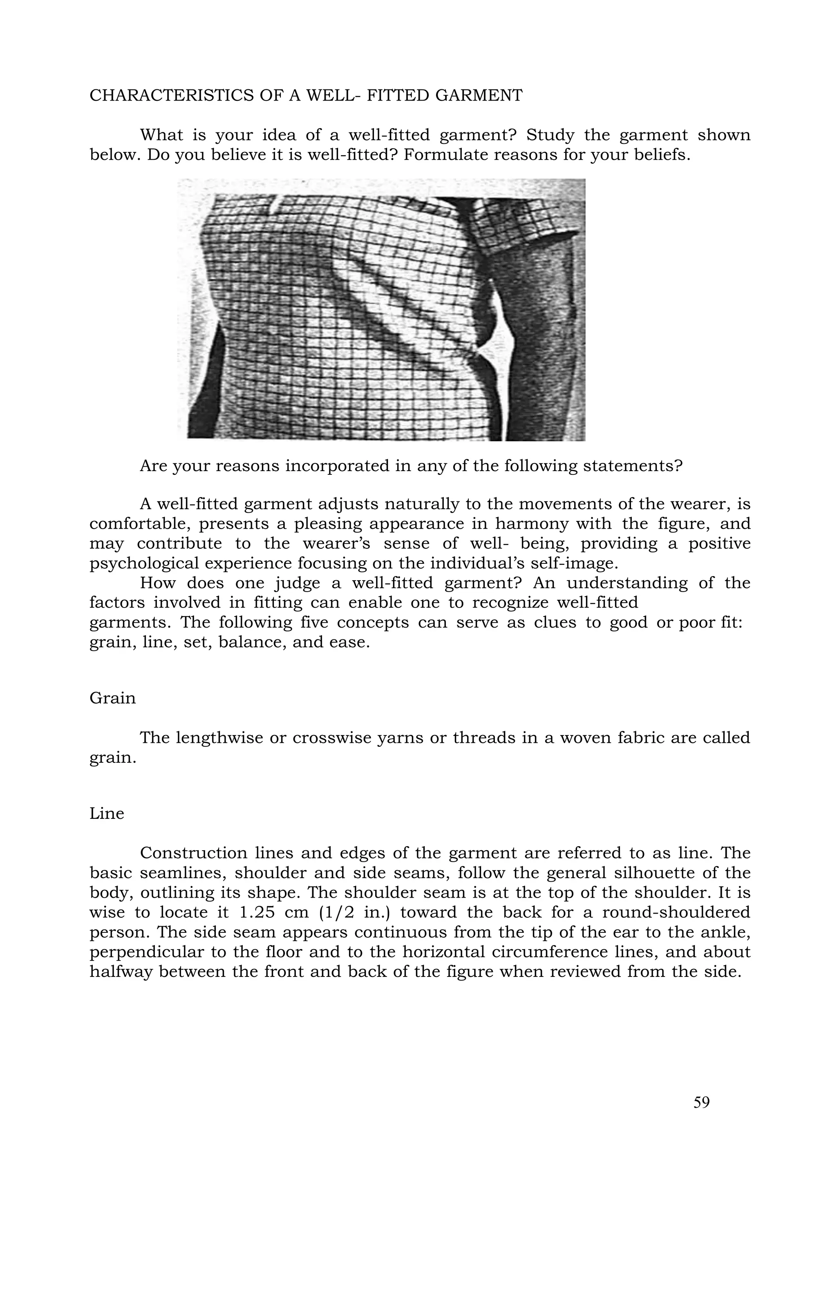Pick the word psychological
click(x=145, y=563)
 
